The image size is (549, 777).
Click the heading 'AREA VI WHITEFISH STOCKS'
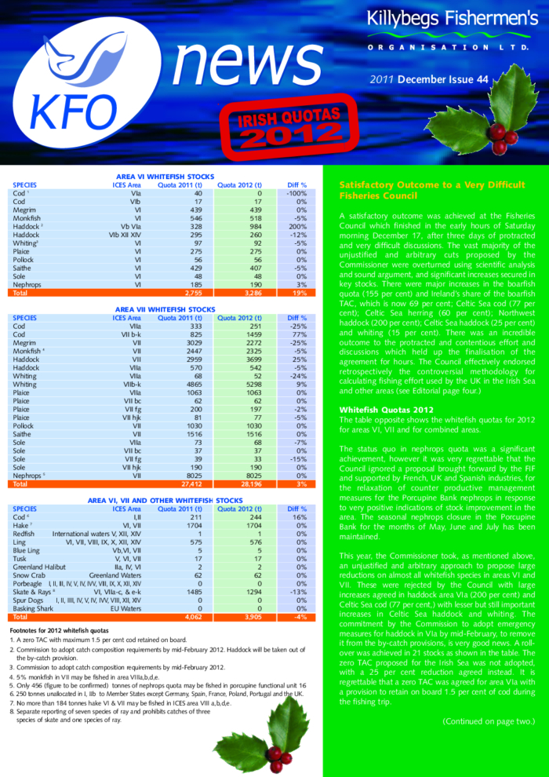[x=165, y=177]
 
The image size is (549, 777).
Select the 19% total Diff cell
[x=298, y=292]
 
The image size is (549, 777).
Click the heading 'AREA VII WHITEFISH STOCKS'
[x=165, y=310]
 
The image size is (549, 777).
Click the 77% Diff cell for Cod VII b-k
[x=297, y=334]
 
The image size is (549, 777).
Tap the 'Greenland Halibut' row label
[x=42, y=566]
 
